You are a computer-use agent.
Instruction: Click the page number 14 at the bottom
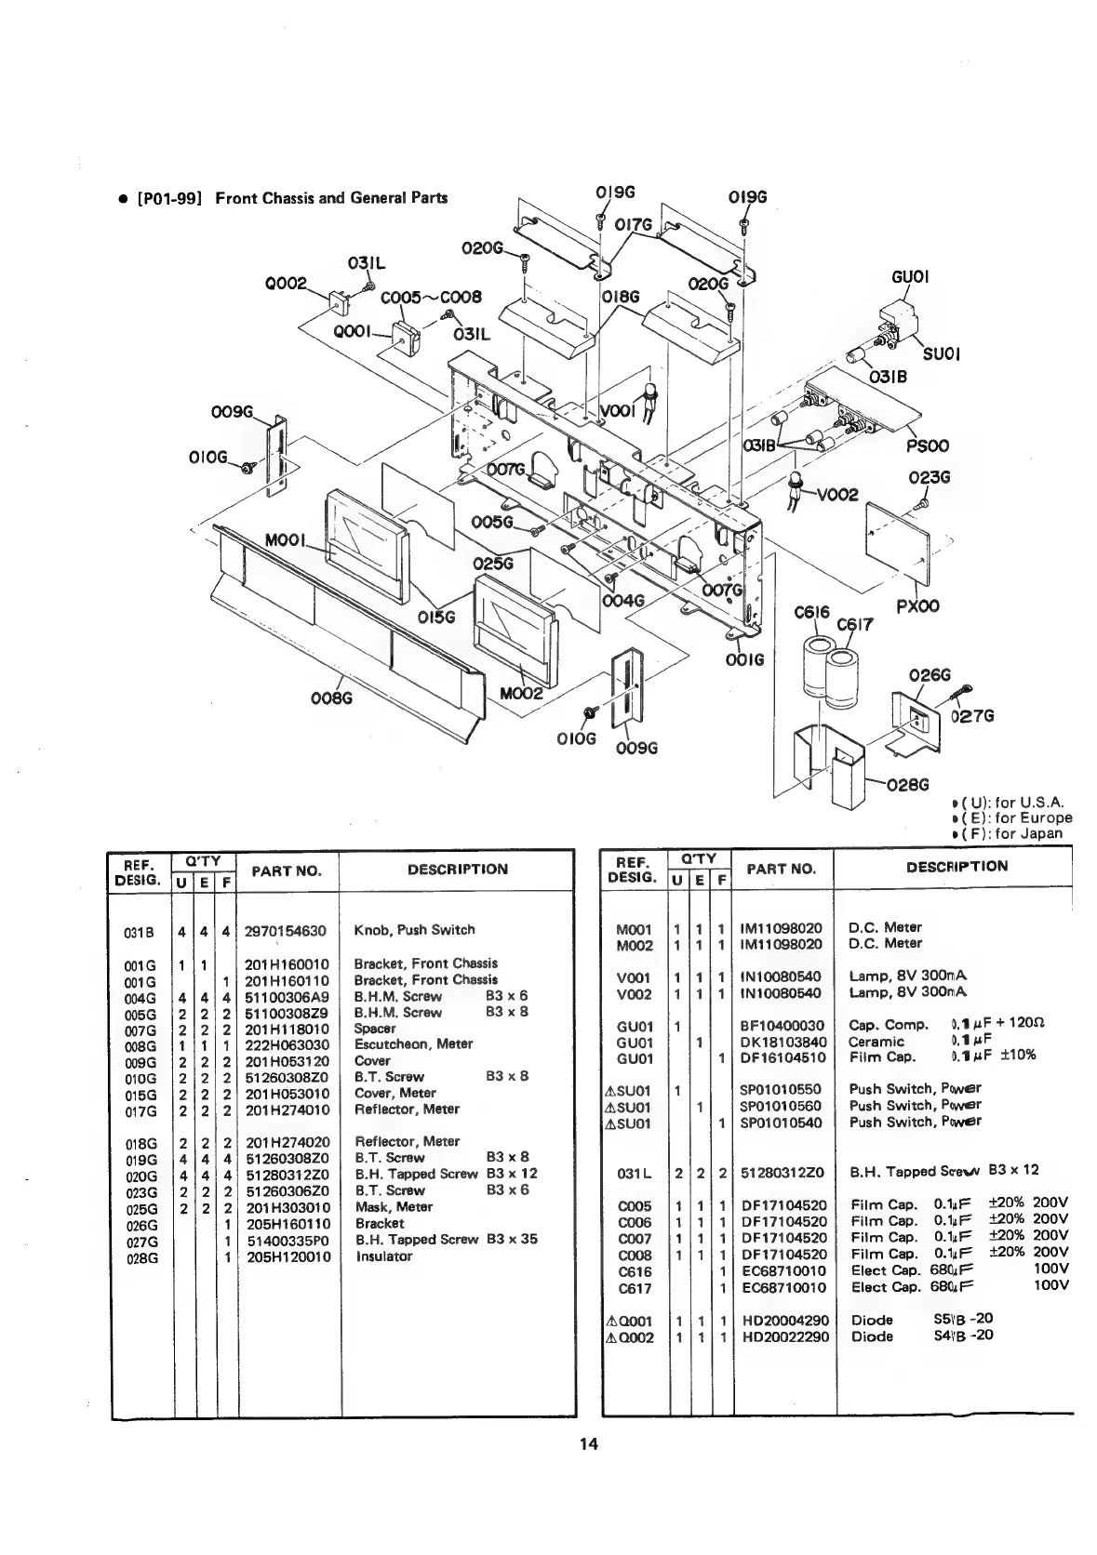[587, 1470]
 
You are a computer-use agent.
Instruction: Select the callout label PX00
[917, 606]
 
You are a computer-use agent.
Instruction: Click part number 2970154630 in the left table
[286, 930]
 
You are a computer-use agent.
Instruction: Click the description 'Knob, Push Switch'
[414, 930]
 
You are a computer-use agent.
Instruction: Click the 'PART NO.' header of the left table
[287, 871]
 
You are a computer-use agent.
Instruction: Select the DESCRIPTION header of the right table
[957, 867]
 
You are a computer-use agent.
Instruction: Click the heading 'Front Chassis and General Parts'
[331, 197]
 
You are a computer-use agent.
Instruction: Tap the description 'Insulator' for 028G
[383, 1256]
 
